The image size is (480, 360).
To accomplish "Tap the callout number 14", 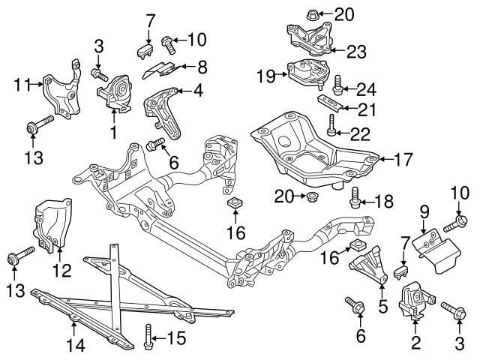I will coord(75,346).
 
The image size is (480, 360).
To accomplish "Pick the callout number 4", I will coord(198,91).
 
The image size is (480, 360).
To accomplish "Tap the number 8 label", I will coord(202,66).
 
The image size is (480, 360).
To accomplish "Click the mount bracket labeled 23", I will coord(307,39).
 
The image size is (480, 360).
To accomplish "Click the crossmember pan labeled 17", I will coord(315,146).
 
